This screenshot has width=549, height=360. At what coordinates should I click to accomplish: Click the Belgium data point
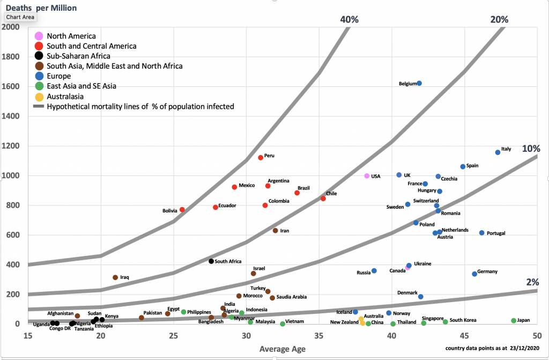419,83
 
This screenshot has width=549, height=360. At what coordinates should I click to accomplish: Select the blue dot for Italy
498,152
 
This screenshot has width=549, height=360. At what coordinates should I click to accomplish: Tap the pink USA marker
367,176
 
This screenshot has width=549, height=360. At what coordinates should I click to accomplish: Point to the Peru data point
261,158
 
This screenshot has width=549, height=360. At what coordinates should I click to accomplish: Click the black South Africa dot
211,261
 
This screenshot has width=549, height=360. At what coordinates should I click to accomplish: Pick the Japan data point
514,321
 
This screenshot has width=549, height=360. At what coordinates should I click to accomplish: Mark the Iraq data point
115,277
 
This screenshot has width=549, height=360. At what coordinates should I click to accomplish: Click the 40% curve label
349,19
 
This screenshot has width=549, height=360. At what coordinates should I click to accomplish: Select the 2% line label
532,282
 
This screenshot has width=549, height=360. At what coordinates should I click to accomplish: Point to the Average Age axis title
283,349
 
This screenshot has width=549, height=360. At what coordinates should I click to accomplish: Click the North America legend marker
38,36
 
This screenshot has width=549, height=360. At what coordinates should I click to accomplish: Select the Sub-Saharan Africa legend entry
78,56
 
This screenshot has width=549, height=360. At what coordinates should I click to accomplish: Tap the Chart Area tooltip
20,17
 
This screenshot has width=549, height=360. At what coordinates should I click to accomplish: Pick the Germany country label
488,271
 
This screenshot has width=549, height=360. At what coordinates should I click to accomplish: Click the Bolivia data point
182,210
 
